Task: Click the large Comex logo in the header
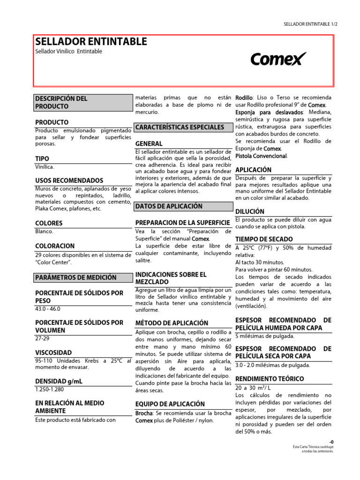pos(278,59)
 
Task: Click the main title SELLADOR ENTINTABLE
pos(91,42)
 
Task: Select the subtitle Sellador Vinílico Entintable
pos(68,52)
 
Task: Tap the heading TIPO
pos(42,158)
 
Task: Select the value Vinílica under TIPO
pos(45,167)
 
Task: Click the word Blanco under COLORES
pos(44,231)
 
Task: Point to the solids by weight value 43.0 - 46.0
pos(48,309)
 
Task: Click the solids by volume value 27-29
pos(42,338)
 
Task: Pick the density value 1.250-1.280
pos(50,389)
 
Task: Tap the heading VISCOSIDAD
pos(53,352)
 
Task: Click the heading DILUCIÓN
pos(250,211)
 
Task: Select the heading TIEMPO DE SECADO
pos(264,239)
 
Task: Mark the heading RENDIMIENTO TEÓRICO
pos(270,378)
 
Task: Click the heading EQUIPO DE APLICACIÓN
pos(170,404)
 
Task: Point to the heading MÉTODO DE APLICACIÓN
pos(172,323)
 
